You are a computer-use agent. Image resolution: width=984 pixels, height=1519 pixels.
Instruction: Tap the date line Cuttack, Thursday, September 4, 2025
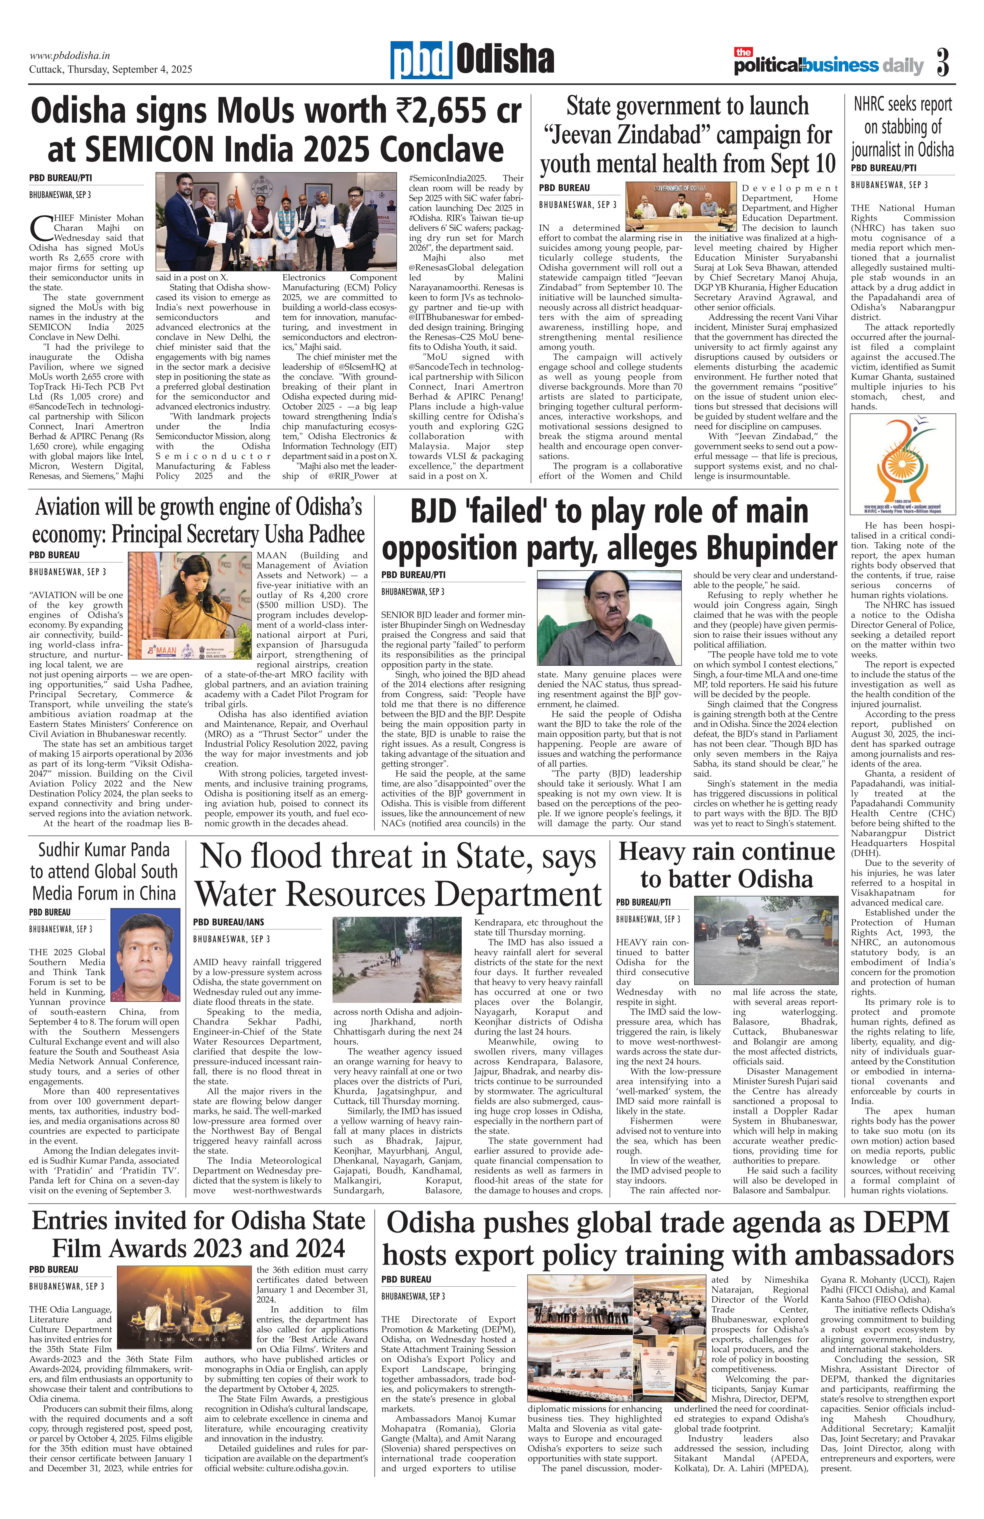pos(110,69)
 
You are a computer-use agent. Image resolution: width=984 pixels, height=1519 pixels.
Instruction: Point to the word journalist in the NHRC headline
pos(874,151)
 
